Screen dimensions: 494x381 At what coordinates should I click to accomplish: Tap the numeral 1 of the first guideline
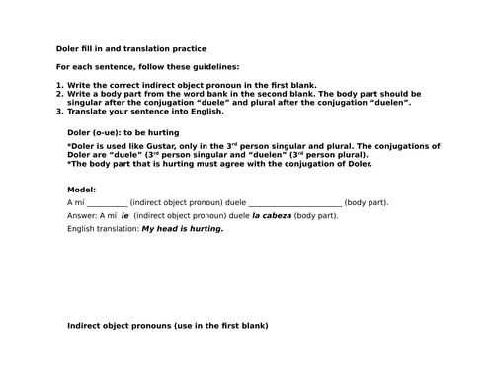pyautogui.click(x=59, y=86)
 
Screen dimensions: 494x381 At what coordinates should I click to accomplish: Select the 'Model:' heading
pyautogui.click(x=82, y=188)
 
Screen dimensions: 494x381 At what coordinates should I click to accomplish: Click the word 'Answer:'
pyautogui.click(x=82, y=215)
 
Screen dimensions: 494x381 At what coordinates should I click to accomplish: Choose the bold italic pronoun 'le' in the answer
pyautogui.click(x=124, y=215)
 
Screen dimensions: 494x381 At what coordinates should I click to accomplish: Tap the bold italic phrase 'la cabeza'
pyautogui.click(x=270, y=215)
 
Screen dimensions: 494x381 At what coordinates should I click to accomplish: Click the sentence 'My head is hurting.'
pyautogui.click(x=184, y=228)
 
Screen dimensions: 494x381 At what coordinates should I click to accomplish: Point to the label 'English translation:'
pyautogui.click(x=103, y=228)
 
